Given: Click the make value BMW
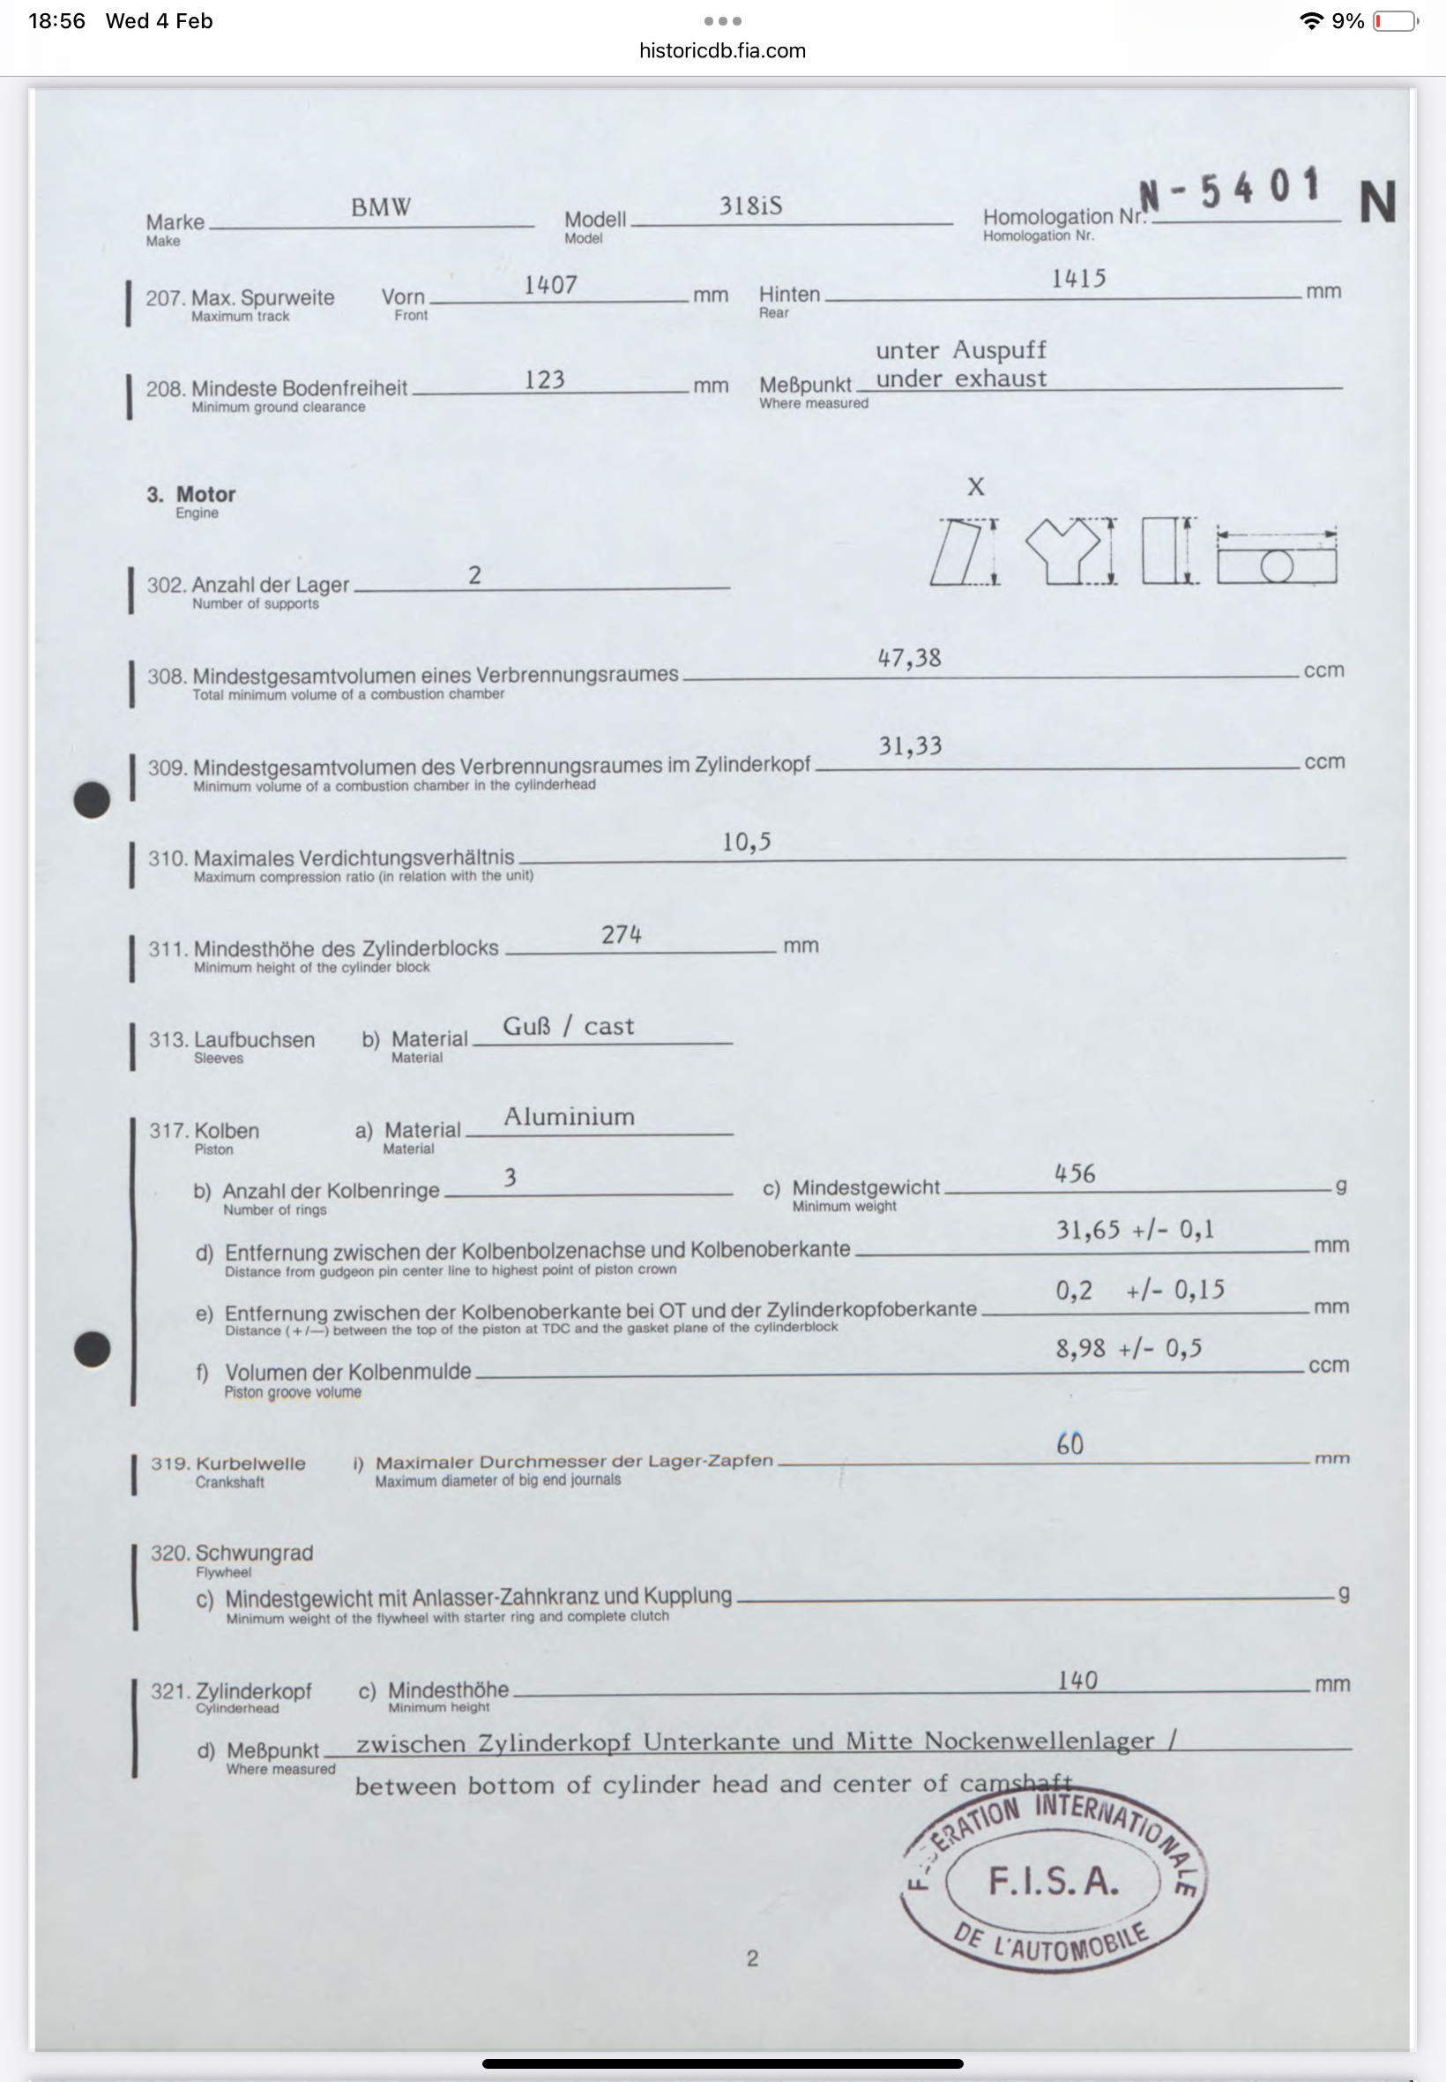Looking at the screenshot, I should (381, 207).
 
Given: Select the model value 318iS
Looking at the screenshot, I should (750, 206).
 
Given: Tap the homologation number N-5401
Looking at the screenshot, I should (1228, 190).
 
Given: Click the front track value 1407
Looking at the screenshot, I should (550, 285).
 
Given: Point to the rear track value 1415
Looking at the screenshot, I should (1078, 278).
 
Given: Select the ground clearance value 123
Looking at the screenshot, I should (544, 378).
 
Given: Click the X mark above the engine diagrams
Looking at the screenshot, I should (975, 487).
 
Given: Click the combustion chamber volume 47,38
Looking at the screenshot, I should (909, 657).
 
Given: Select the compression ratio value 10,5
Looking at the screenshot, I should (746, 842).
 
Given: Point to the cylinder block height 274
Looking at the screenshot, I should (621, 933).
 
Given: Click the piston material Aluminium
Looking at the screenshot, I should (569, 1116).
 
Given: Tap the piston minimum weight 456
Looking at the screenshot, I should (1075, 1174).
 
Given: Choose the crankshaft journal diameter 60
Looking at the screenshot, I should (1070, 1444).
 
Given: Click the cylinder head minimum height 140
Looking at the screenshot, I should (1077, 1680).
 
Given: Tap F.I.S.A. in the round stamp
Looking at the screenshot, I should (1053, 1882).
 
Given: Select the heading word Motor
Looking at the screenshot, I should (205, 494).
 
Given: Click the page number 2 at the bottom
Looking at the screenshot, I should (752, 1958).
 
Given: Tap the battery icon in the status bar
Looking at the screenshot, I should (1394, 21).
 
